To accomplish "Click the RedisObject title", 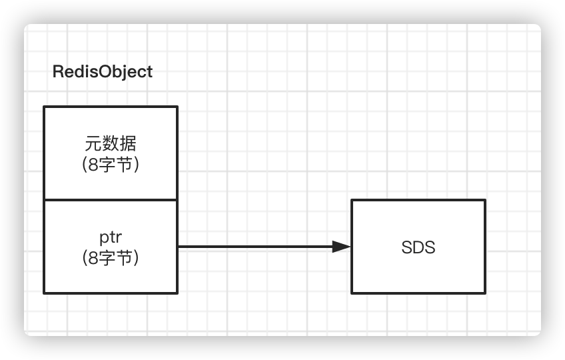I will pos(103,72).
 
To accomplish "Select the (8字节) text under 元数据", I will pos(110,163).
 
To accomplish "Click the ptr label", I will pos(110,238).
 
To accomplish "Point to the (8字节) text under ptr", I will pos(110,257).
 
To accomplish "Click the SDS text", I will pos(418,247).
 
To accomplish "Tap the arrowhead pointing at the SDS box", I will pos(342,247).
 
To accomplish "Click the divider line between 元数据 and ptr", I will pos(111,199).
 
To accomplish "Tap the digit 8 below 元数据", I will pos(94,163).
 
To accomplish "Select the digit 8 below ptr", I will pos(94,257).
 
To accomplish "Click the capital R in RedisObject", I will pos(58,72).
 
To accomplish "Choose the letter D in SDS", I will pos(418,247).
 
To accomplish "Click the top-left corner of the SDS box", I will pos(352,200).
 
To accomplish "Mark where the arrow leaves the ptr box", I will pos(178,247).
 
